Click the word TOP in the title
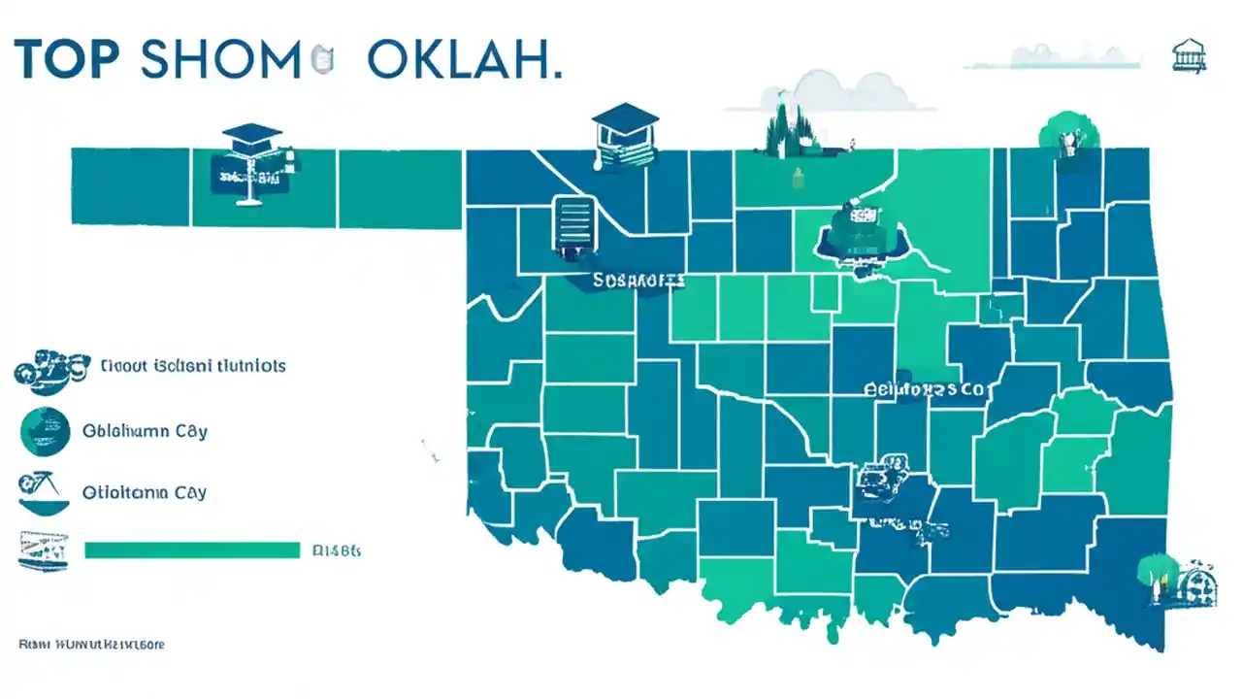(x=66, y=59)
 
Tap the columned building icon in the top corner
(x=1189, y=55)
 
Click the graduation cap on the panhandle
(x=252, y=134)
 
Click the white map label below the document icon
(x=637, y=281)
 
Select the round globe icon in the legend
(x=45, y=431)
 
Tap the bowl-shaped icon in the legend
(x=45, y=493)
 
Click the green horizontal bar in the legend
(x=192, y=550)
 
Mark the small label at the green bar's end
(x=337, y=550)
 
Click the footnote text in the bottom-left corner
(x=91, y=644)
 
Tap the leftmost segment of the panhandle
(x=130, y=186)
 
